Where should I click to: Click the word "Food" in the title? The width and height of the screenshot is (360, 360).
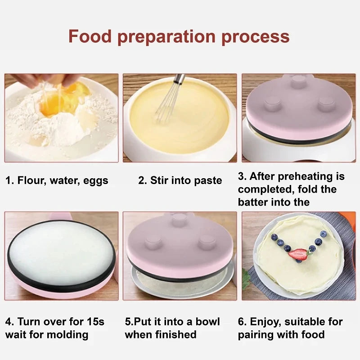90,36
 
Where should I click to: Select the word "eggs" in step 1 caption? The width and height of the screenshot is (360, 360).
95,181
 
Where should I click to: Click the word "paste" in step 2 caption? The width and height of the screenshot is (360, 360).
208,181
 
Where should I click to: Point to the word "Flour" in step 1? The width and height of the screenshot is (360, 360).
31,181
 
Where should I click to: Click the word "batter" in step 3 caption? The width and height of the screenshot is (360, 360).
253,202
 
